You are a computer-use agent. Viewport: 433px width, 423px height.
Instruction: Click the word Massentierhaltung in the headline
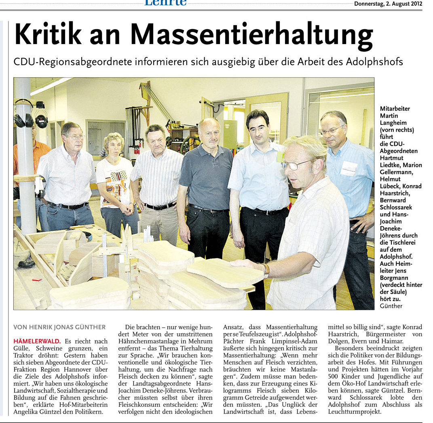(x=251, y=36)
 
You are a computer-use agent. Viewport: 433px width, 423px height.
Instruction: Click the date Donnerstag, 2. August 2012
(x=388, y=4)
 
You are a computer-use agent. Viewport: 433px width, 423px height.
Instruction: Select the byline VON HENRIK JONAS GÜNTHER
(x=59, y=327)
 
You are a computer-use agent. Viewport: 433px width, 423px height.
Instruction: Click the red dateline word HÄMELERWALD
(x=37, y=341)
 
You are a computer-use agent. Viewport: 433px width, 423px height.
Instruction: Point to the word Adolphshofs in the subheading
(x=374, y=62)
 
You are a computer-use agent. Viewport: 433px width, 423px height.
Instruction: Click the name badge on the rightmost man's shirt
(x=348, y=168)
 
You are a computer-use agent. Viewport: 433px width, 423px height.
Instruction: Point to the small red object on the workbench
(x=37, y=279)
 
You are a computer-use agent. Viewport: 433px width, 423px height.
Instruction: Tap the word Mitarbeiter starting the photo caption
(x=395, y=109)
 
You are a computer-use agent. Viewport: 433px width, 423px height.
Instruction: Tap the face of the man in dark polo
(x=210, y=133)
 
